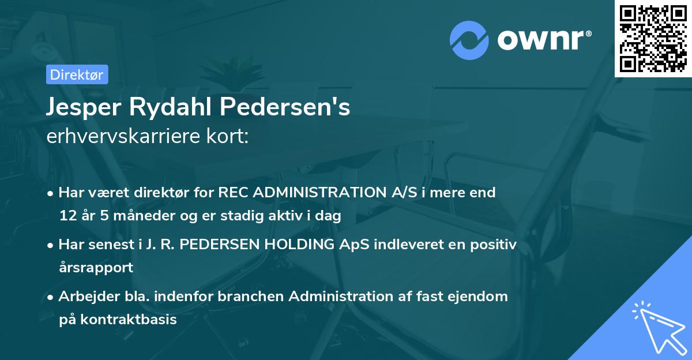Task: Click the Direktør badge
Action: click(x=77, y=74)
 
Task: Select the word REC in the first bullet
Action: click(x=233, y=193)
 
